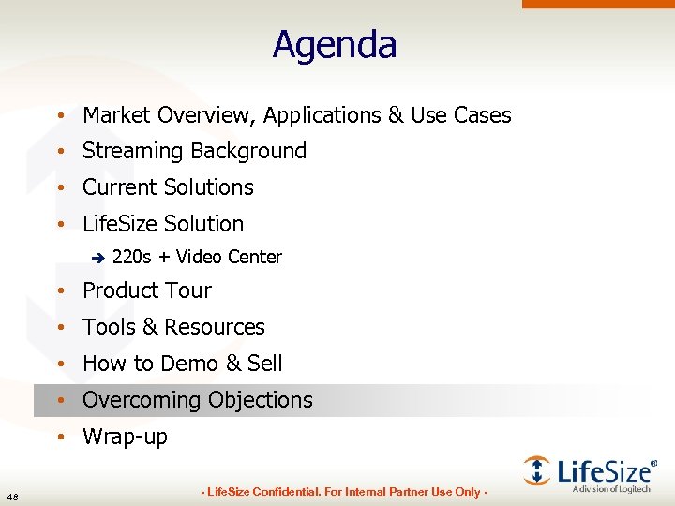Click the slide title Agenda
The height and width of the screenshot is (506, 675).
tap(335, 45)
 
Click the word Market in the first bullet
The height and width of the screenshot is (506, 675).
tap(117, 115)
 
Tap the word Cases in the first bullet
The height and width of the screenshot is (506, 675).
tap(483, 115)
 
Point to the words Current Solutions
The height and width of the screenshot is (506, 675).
tap(168, 187)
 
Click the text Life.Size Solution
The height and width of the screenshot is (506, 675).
tap(163, 224)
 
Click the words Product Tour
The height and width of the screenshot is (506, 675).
tap(147, 290)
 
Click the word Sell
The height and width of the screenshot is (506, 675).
tap(265, 364)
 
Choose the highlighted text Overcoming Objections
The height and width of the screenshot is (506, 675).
tap(198, 400)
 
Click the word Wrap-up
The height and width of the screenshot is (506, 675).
tap(126, 437)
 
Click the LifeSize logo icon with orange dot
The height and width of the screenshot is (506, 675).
tap(536, 470)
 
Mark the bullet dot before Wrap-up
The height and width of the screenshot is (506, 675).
tap(59, 437)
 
